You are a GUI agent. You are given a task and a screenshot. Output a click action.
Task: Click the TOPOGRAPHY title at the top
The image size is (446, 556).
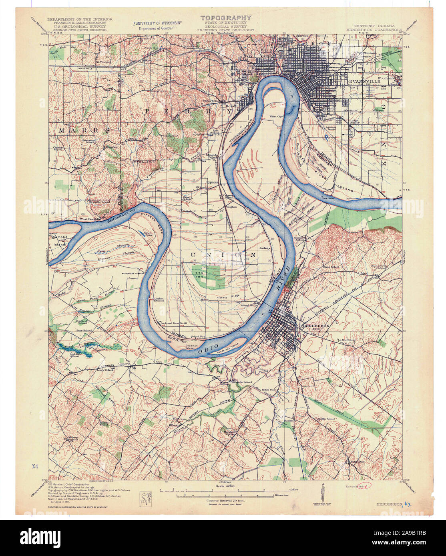tap(226, 18)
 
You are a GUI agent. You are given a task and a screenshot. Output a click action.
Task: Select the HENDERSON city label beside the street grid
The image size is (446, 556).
tap(316, 326)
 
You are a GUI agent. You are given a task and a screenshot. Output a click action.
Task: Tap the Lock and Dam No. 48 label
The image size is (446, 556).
tap(174, 323)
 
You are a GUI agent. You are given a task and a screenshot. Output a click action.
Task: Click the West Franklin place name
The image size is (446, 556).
tap(90, 219)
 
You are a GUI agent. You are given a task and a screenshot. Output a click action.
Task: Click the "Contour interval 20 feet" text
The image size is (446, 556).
tap(225, 500)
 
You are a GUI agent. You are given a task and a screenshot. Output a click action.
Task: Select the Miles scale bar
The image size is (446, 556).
tap(224, 489)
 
